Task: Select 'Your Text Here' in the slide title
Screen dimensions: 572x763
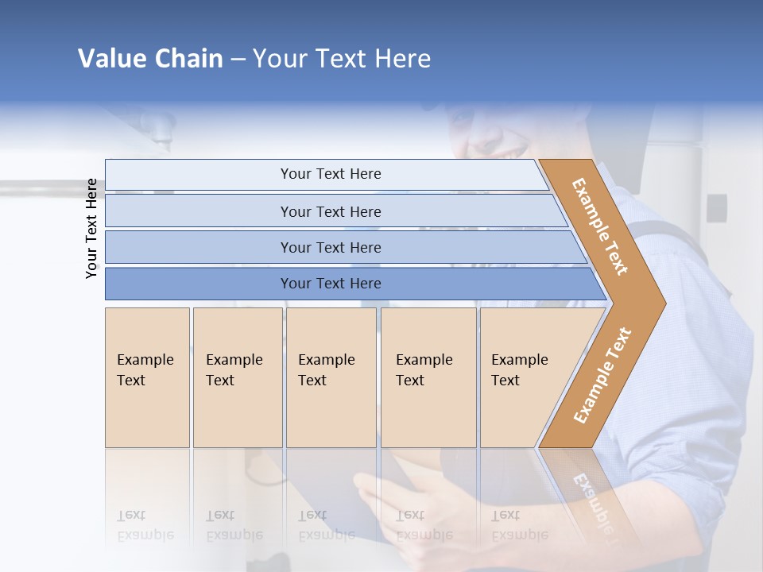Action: pos(342,59)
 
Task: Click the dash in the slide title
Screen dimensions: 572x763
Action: pos(238,60)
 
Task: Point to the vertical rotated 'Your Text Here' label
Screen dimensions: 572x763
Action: pos(92,228)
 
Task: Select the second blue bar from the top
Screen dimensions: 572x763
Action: pos(330,211)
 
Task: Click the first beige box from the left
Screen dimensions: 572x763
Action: pos(147,377)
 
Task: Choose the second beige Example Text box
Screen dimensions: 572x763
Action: pos(237,377)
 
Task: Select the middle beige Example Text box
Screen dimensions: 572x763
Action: pos(331,377)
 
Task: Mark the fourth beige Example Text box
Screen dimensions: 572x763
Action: pos(428,377)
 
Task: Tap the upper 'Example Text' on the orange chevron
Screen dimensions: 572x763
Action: pos(600,226)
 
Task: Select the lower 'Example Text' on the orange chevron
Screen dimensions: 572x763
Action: pos(602,375)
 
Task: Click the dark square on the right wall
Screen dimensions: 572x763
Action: pos(716,208)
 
